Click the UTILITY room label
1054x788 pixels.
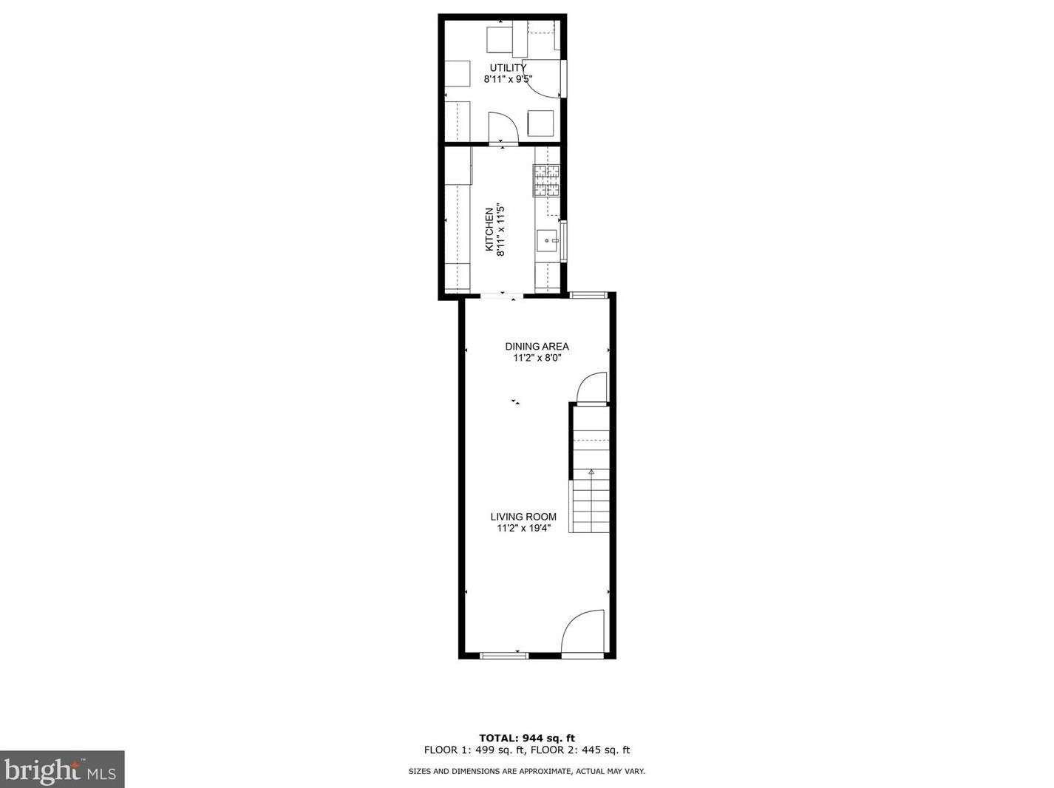[509, 68]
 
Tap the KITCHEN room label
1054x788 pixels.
[489, 229]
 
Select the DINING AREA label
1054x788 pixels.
[537, 346]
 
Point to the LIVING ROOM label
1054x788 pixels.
[523, 517]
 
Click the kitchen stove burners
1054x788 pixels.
[546, 180]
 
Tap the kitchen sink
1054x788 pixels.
[547, 240]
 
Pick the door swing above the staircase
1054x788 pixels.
[591, 389]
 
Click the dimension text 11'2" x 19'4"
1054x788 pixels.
[523, 529]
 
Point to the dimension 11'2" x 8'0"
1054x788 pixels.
[538, 358]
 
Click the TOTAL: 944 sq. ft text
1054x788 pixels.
[526, 738]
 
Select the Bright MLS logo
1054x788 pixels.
[62, 770]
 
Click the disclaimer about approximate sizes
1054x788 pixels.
[526, 771]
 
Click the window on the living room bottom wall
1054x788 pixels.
[505, 656]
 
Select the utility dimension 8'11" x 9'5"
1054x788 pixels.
[509, 79]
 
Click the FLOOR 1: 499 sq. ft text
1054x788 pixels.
[475, 750]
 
